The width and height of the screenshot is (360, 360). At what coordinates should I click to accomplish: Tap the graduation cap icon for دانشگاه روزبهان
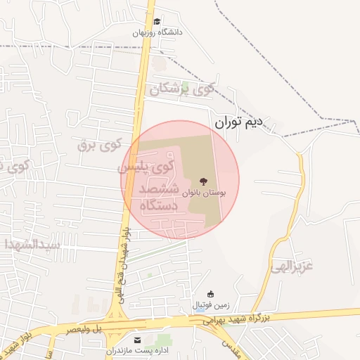pos(157,22)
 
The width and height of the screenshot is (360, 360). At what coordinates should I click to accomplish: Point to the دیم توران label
pos(238,124)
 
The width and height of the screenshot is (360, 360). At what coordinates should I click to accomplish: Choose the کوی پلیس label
pos(144,167)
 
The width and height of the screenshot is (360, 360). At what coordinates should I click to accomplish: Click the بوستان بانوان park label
pos(203,192)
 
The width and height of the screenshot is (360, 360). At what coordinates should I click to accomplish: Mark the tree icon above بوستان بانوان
pos(204,181)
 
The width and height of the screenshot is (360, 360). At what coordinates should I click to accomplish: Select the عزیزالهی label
pos(292,266)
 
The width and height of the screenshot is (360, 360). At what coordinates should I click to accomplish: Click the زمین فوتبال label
pos(209,304)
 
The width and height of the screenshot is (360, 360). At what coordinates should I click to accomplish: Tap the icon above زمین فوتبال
pos(210,294)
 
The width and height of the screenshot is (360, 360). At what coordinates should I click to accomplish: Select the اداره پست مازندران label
pos(134,350)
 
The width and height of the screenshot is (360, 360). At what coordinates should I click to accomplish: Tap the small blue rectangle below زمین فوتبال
pos(201,310)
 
